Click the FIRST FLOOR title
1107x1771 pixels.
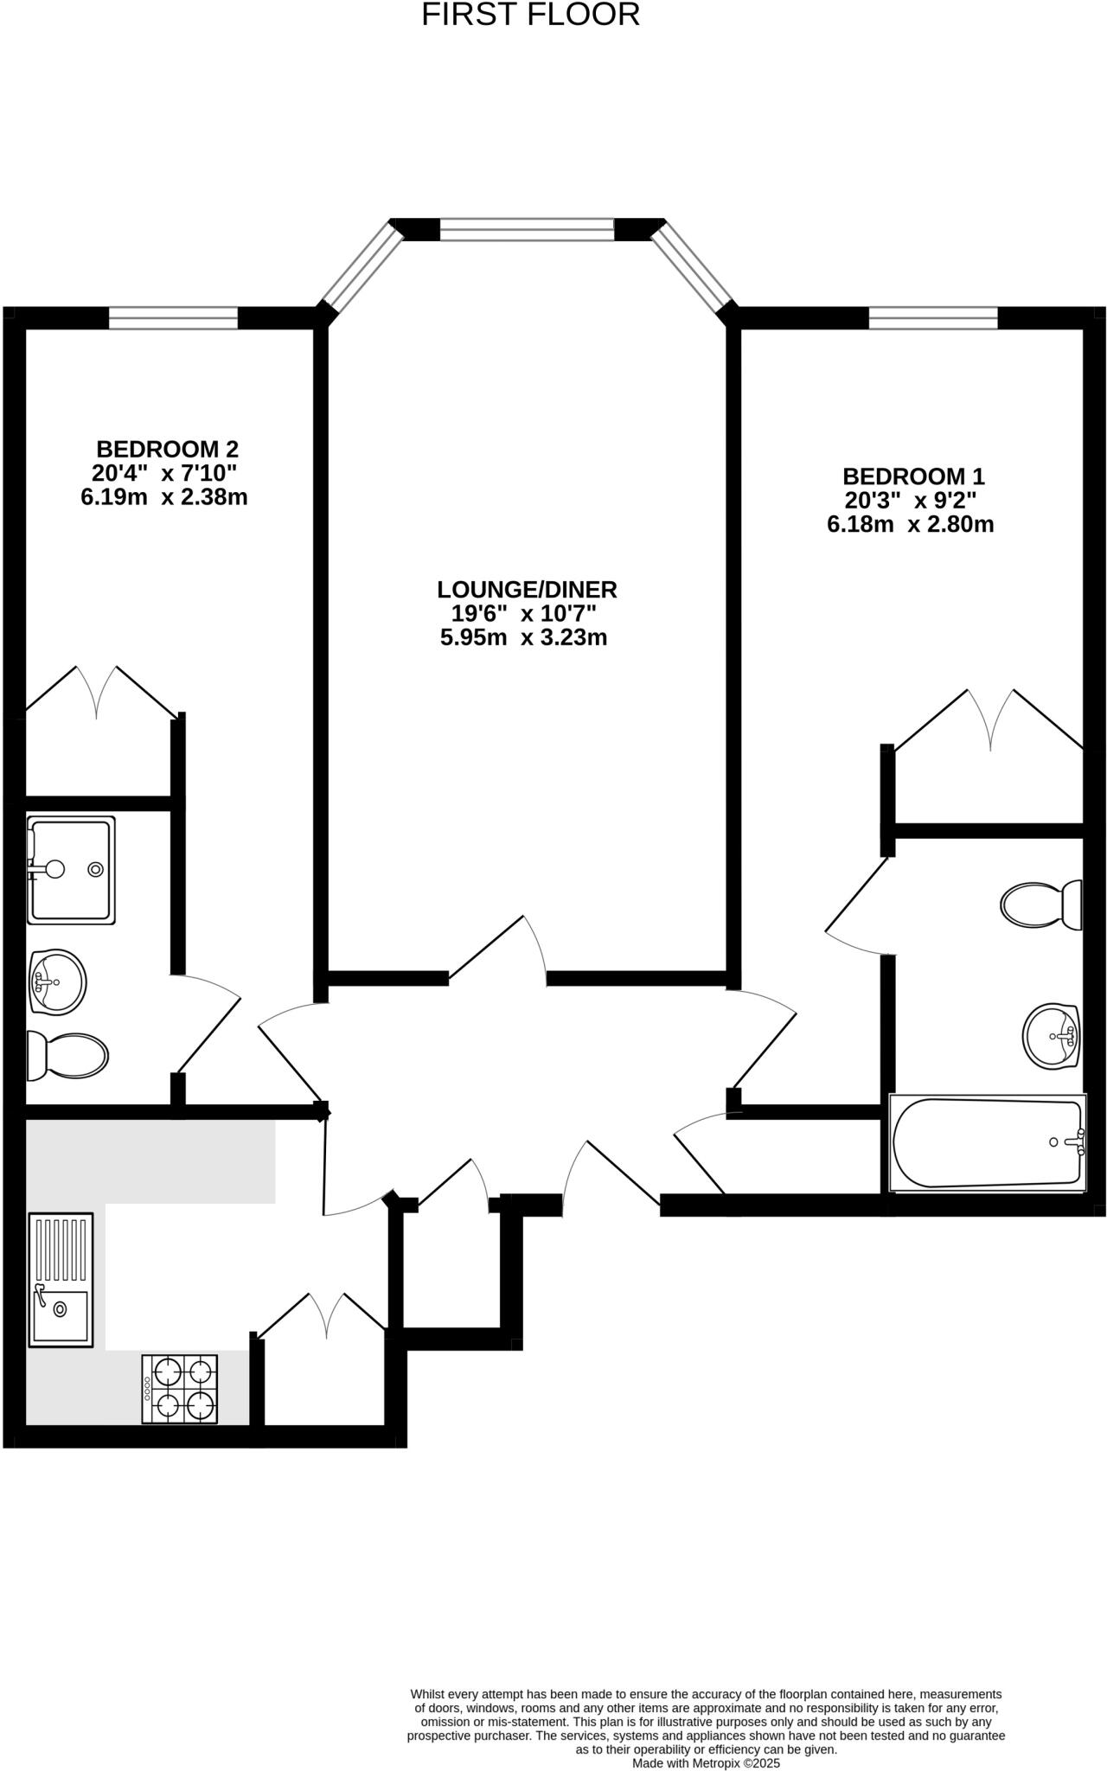pos(530,15)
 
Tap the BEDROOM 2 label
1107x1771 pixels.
pos(167,450)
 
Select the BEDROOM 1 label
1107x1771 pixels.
pos(913,476)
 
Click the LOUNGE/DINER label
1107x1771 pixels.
pos(527,590)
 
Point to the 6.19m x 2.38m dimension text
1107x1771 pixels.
pos(163,497)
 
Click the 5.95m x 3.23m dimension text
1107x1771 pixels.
pos(523,638)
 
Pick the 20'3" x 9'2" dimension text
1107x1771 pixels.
pos(911,501)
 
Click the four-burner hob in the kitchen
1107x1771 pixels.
pos(180,1389)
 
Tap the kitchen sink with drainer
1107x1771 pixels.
pos(61,1280)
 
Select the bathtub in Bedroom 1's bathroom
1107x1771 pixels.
pos(987,1142)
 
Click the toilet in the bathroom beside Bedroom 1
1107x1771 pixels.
pos(1041,905)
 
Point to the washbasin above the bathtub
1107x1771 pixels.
pos(1050,1036)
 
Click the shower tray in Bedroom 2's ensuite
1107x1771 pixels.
pos(70,868)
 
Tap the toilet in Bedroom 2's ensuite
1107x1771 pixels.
pos(67,1056)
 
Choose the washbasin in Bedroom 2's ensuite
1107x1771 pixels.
pos(59,981)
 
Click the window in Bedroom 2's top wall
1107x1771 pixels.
pos(173,318)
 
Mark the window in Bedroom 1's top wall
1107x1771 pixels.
pos(932,318)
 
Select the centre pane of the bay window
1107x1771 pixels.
pos(527,229)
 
